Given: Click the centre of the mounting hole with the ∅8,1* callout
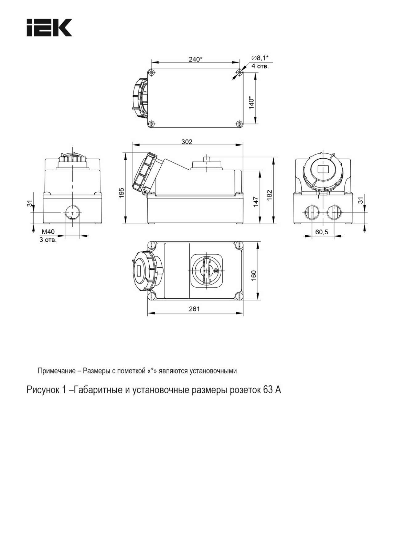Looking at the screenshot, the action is tap(240, 73).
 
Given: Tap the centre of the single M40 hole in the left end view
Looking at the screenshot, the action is tap(72, 212).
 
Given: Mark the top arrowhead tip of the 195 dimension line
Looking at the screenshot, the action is tap(126, 152).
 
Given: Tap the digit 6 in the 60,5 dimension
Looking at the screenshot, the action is tap(317, 232).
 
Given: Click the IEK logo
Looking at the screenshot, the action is tap(50, 27).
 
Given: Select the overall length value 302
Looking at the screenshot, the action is tap(187, 142).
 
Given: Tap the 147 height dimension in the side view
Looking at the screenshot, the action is tap(255, 202).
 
